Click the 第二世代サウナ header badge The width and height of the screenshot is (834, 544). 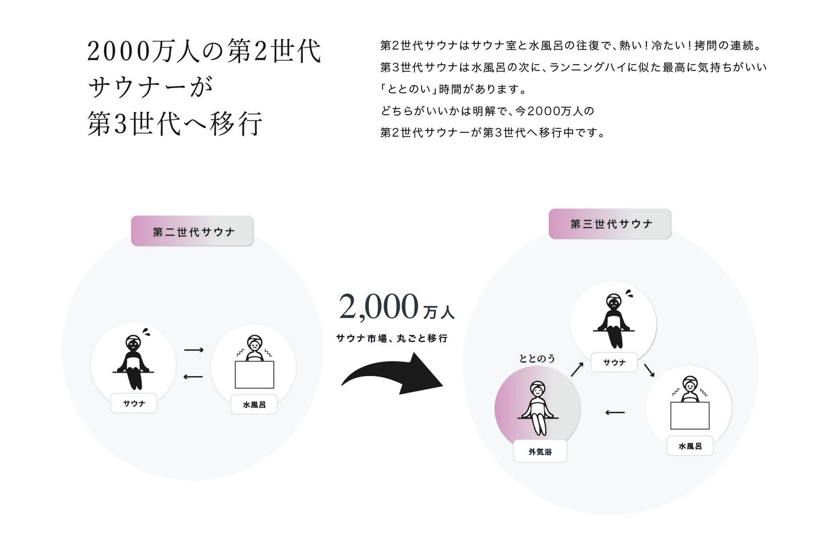(192, 231)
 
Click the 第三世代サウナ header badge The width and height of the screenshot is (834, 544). (609, 224)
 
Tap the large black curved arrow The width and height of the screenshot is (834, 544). (391, 374)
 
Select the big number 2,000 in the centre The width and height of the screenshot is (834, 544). (378, 306)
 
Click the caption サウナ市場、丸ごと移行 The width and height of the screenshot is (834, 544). (392, 338)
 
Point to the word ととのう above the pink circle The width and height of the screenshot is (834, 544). (537, 358)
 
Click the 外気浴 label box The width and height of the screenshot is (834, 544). (540, 452)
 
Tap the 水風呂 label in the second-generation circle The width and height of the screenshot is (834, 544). (254, 404)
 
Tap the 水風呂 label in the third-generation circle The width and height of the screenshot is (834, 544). (689, 446)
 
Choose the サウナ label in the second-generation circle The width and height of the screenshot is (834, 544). (134, 403)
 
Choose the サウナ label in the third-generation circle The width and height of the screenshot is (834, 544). (614, 362)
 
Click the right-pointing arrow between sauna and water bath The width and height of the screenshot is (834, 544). (194, 350)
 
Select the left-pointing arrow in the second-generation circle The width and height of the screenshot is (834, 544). (193, 377)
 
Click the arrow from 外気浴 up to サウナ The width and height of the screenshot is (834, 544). (577, 369)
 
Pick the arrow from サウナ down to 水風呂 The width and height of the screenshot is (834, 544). (649, 370)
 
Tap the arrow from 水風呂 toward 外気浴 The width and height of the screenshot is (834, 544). (615, 413)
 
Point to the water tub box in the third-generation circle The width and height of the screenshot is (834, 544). (689, 415)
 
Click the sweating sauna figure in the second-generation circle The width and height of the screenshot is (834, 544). (133, 362)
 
